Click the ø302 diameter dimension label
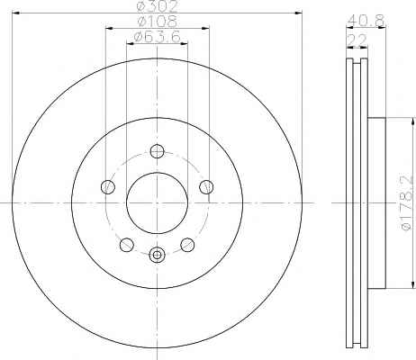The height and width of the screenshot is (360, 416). [x=158, y=5]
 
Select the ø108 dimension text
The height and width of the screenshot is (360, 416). [x=158, y=21]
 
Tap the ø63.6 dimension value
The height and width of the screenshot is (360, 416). [x=158, y=37]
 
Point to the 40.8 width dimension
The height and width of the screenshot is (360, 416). [x=366, y=21]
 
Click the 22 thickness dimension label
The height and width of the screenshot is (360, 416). [x=357, y=40]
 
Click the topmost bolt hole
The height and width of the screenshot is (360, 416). [x=157, y=151]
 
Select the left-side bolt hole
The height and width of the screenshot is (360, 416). [x=108, y=187]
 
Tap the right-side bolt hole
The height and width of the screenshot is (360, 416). [x=206, y=187]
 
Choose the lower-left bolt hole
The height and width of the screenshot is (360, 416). [x=127, y=245]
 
